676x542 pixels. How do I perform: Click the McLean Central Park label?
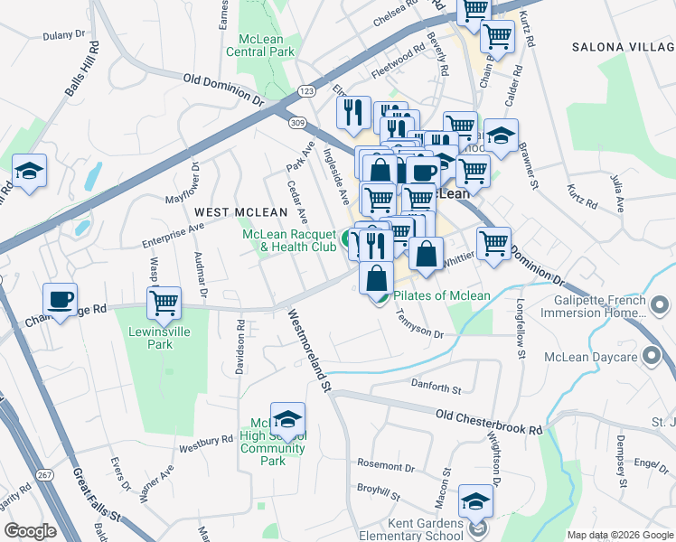(x=267, y=45)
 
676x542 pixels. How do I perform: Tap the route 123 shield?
(x=306, y=91)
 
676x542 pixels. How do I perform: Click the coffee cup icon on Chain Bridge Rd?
(x=61, y=300)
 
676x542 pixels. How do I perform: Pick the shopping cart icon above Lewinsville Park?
(x=164, y=303)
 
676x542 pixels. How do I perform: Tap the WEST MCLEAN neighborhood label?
(x=232, y=211)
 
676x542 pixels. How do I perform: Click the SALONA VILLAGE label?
(x=623, y=46)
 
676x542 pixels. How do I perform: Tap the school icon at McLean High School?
(x=287, y=419)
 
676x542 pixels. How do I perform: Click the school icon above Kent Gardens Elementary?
(x=476, y=500)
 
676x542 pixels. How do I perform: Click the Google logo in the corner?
(x=30, y=531)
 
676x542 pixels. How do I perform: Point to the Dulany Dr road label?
(x=63, y=35)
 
